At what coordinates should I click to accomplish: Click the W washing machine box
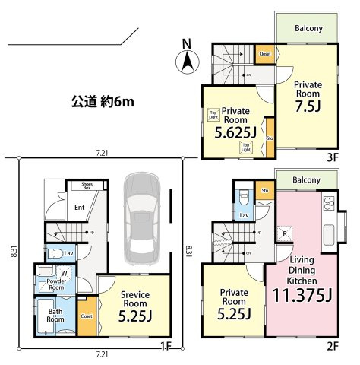pyautogui.click(x=64, y=271)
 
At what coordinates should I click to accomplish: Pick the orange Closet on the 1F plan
pyautogui.click(x=86, y=316)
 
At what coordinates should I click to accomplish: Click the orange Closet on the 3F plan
pyautogui.click(x=265, y=54)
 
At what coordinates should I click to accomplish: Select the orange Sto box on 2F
pyautogui.click(x=264, y=190)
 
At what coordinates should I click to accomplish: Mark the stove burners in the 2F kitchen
pyautogui.click(x=328, y=204)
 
